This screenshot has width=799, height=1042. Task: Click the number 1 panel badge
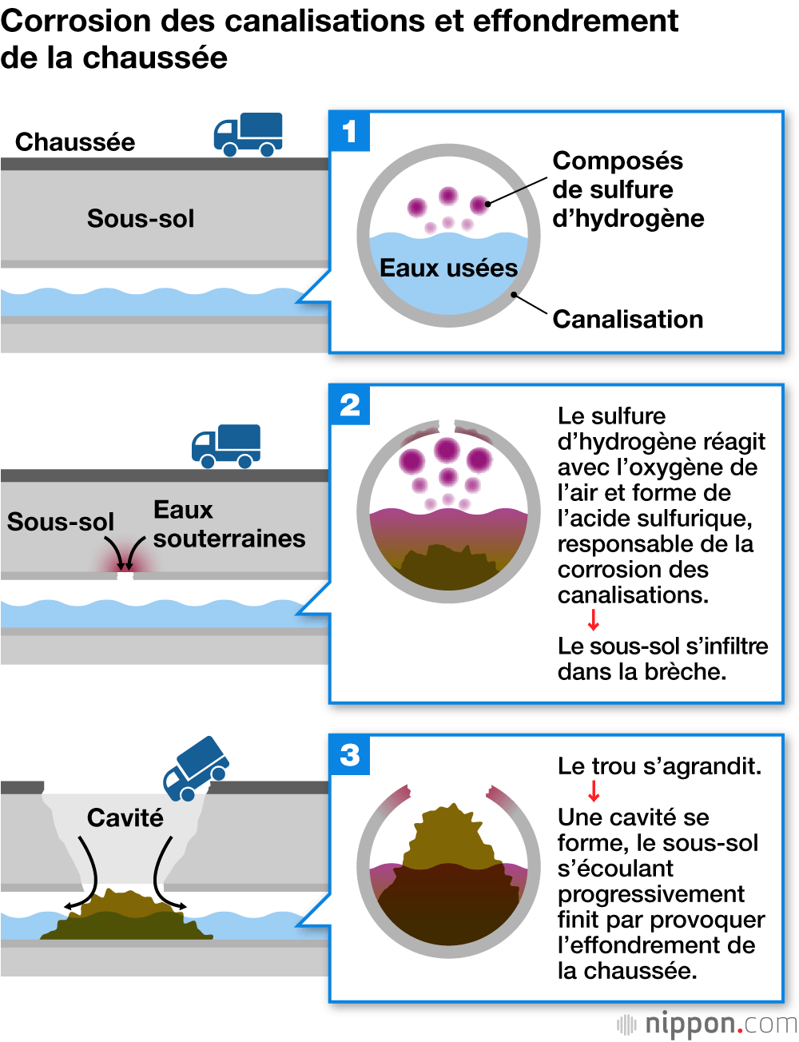point(349,131)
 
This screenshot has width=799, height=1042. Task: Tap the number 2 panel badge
point(350,404)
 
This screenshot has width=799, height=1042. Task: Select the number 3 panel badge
point(350,755)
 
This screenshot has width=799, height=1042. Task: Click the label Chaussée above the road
point(75,142)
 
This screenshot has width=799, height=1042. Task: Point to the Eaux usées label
point(448,268)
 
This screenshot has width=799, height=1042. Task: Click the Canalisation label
point(628,320)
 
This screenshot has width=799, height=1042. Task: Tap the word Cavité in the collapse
point(125,817)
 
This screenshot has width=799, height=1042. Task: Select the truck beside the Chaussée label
point(248,134)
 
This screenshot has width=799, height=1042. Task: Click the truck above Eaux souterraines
point(226,446)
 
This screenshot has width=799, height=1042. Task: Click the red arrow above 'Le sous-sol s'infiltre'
point(593,620)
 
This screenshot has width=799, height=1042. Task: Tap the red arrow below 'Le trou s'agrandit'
point(593,791)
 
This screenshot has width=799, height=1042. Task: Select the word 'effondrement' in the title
point(575,21)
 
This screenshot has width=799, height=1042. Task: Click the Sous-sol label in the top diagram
point(141,219)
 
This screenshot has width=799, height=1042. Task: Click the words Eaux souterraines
point(229,524)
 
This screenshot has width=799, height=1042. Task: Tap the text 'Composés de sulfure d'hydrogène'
point(628,190)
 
